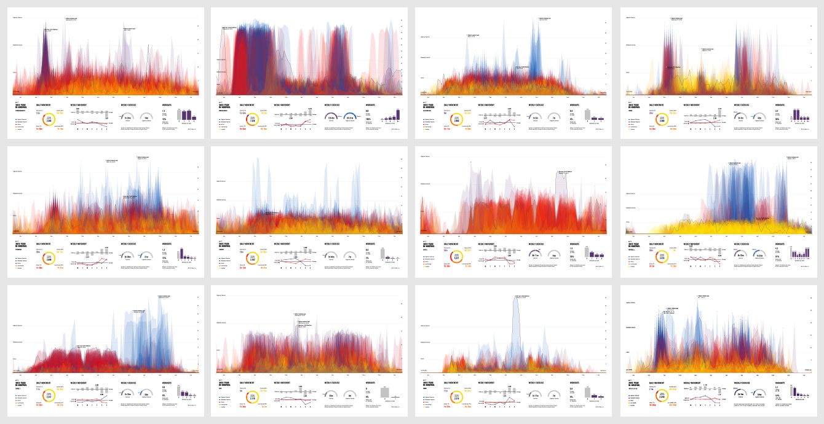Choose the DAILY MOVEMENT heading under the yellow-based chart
click(x=657, y=244)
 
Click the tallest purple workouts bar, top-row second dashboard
click(x=397, y=114)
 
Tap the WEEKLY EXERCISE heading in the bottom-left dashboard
click(x=130, y=382)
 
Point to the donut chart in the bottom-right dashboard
click(x=662, y=396)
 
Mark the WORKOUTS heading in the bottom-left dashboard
click(x=167, y=382)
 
